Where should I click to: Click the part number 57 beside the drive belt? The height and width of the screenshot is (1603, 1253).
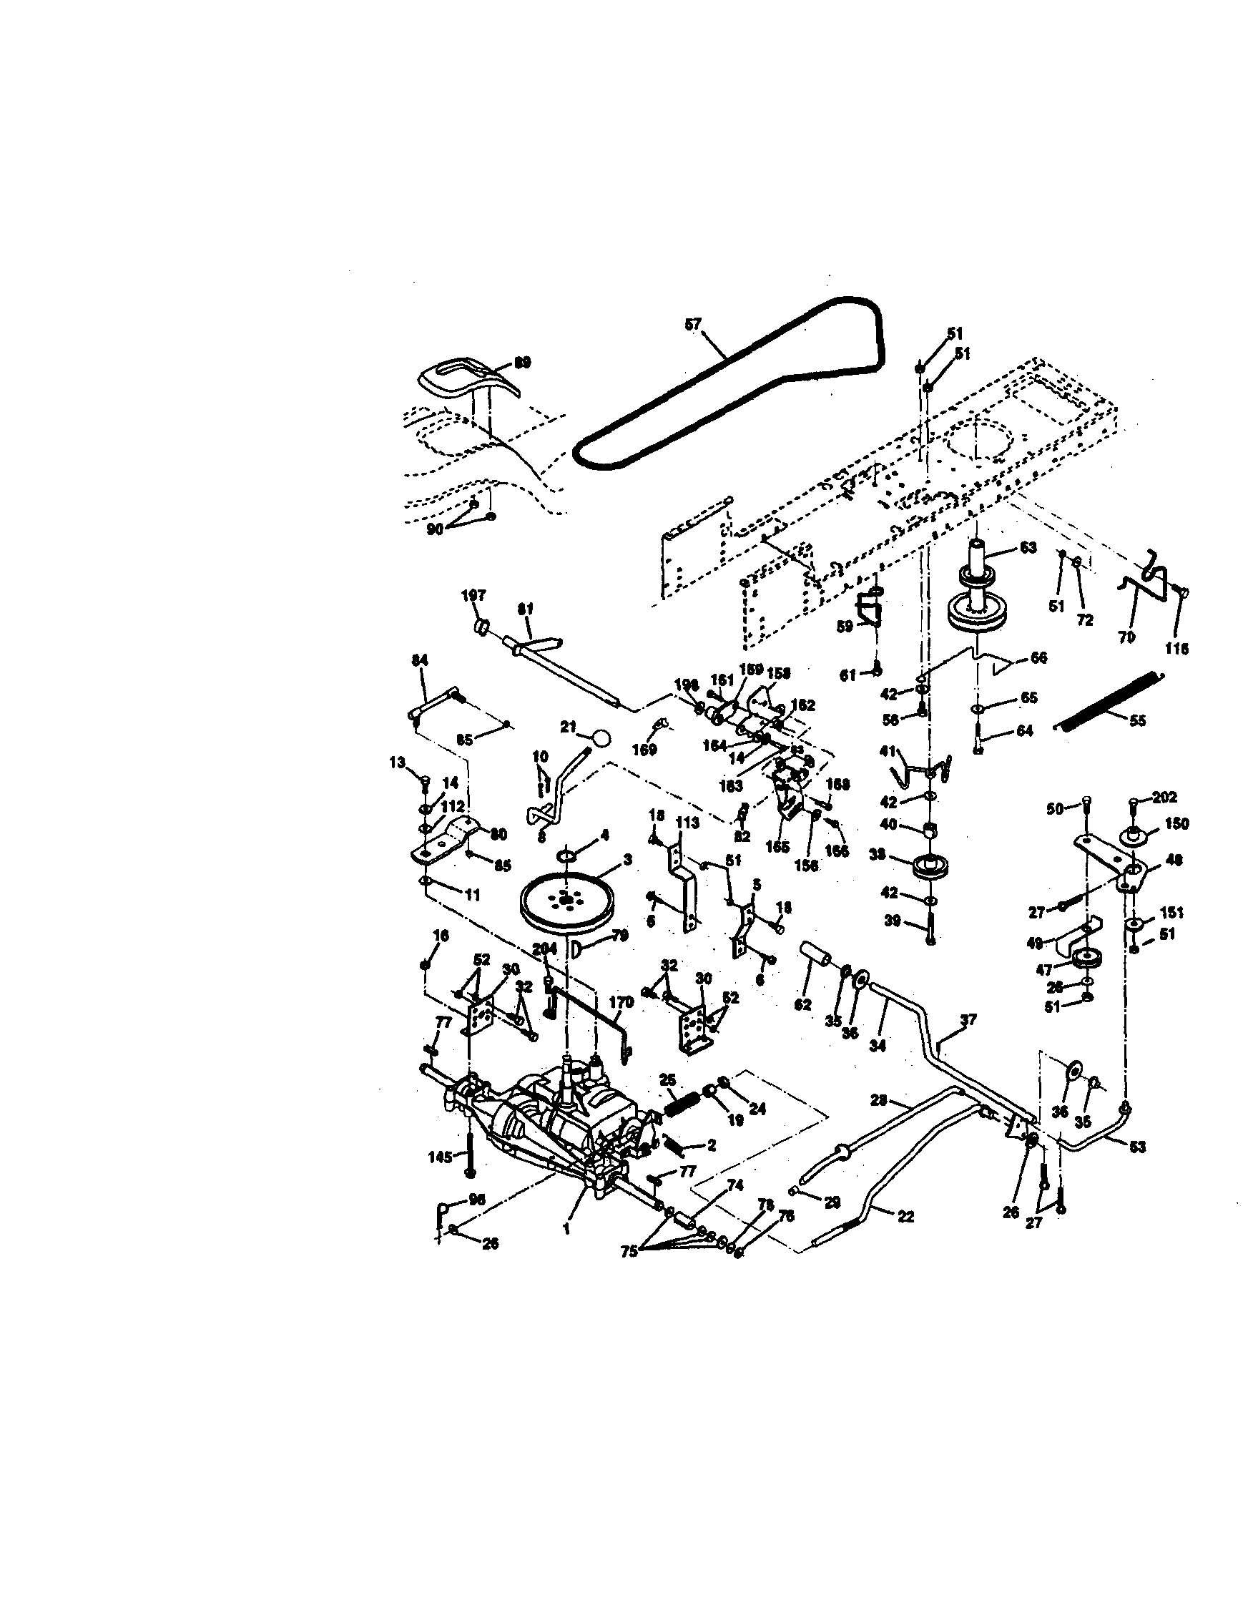(x=693, y=325)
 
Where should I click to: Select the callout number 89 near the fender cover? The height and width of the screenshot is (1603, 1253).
(x=523, y=363)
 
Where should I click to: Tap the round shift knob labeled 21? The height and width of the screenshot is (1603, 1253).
(x=602, y=737)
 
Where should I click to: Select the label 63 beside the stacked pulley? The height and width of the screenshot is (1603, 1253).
(x=1028, y=547)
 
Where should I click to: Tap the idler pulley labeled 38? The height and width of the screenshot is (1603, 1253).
(x=928, y=869)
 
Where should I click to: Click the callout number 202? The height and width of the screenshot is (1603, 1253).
(x=1165, y=796)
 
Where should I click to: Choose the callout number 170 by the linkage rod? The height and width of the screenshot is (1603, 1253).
(x=621, y=1001)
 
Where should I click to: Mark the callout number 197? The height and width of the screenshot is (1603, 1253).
(x=473, y=595)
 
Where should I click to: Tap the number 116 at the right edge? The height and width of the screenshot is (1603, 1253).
(x=1176, y=649)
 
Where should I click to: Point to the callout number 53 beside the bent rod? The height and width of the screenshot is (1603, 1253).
(x=1137, y=1147)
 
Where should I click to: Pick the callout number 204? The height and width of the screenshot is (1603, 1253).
(x=545, y=949)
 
